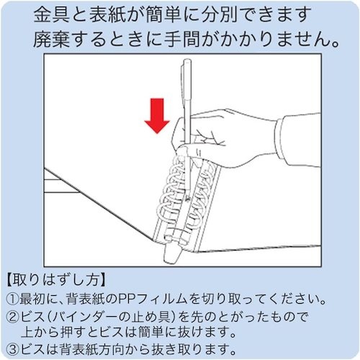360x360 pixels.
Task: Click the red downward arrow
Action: click(157, 116)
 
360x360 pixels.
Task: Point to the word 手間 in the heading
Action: click(182, 40)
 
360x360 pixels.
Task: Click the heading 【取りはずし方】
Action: click(55, 279)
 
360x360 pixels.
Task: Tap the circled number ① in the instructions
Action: click(12, 300)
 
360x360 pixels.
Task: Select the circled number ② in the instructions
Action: click(12, 318)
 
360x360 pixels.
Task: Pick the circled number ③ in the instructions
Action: click(12, 350)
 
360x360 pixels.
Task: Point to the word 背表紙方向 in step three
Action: click(93, 350)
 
